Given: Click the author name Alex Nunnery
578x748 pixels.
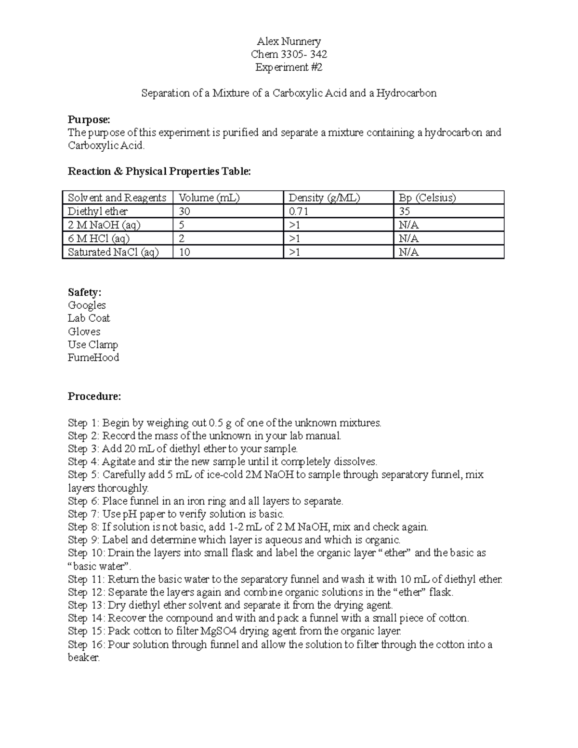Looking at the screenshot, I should pos(289,41).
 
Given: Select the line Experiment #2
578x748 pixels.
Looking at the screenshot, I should pos(289,67).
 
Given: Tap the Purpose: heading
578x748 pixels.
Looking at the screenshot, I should pos(89,119).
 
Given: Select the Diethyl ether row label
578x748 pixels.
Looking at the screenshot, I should pos(98,211).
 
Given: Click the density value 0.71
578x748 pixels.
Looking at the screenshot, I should pos(298,211).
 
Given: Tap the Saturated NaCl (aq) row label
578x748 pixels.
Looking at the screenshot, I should pos(113,252).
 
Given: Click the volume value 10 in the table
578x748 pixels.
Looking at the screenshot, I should pos(184,252).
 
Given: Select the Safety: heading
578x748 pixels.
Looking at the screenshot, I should pos(85,292).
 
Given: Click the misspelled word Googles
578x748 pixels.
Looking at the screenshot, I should pos(87,305).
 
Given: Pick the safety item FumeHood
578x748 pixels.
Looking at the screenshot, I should pos(93,358).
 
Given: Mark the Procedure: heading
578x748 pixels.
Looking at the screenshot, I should pos(94,397).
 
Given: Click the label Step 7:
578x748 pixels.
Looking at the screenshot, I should pos(84,514).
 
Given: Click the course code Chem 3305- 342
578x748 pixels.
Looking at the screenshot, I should pos(289,54).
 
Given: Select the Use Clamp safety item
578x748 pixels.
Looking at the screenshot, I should pos(93,345).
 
